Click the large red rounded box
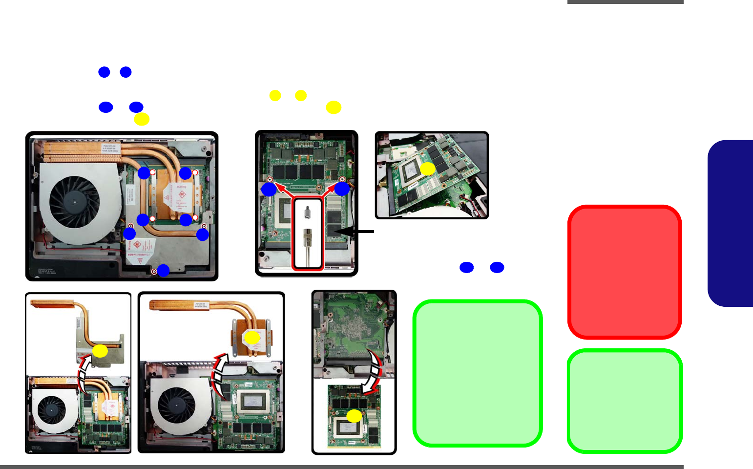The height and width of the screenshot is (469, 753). (625, 272)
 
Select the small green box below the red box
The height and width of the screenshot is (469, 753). (625, 401)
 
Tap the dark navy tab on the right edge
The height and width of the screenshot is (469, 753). (731, 223)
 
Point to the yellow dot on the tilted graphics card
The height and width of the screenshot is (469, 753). (428, 169)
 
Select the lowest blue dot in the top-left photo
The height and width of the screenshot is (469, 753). (163, 270)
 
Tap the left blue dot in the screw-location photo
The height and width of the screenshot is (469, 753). (269, 190)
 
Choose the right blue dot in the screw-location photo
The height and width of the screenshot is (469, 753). (342, 189)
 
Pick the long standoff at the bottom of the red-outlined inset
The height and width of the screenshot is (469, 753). (308, 247)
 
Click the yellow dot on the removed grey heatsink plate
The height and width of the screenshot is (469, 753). (100, 351)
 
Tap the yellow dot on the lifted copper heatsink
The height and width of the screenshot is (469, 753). (252, 338)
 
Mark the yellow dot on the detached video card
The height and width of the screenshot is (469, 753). (354, 416)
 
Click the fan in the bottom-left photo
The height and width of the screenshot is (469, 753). (52, 410)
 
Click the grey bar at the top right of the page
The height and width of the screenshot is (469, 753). (625, 2)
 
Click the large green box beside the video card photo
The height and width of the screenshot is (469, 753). (477, 373)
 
